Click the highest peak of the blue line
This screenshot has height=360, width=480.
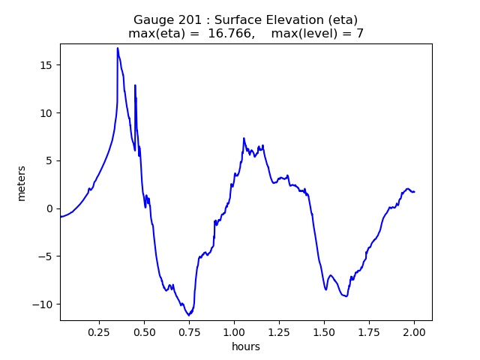pos(118,48)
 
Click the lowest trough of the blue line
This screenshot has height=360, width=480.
pos(189,315)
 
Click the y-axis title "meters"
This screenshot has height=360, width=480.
pos(22,183)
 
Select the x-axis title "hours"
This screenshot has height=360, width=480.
pos(245,346)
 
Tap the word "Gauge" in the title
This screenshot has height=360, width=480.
pos(154,19)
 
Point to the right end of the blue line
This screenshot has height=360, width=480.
pos(414,192)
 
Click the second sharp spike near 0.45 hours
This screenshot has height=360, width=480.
pos(135,85)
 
